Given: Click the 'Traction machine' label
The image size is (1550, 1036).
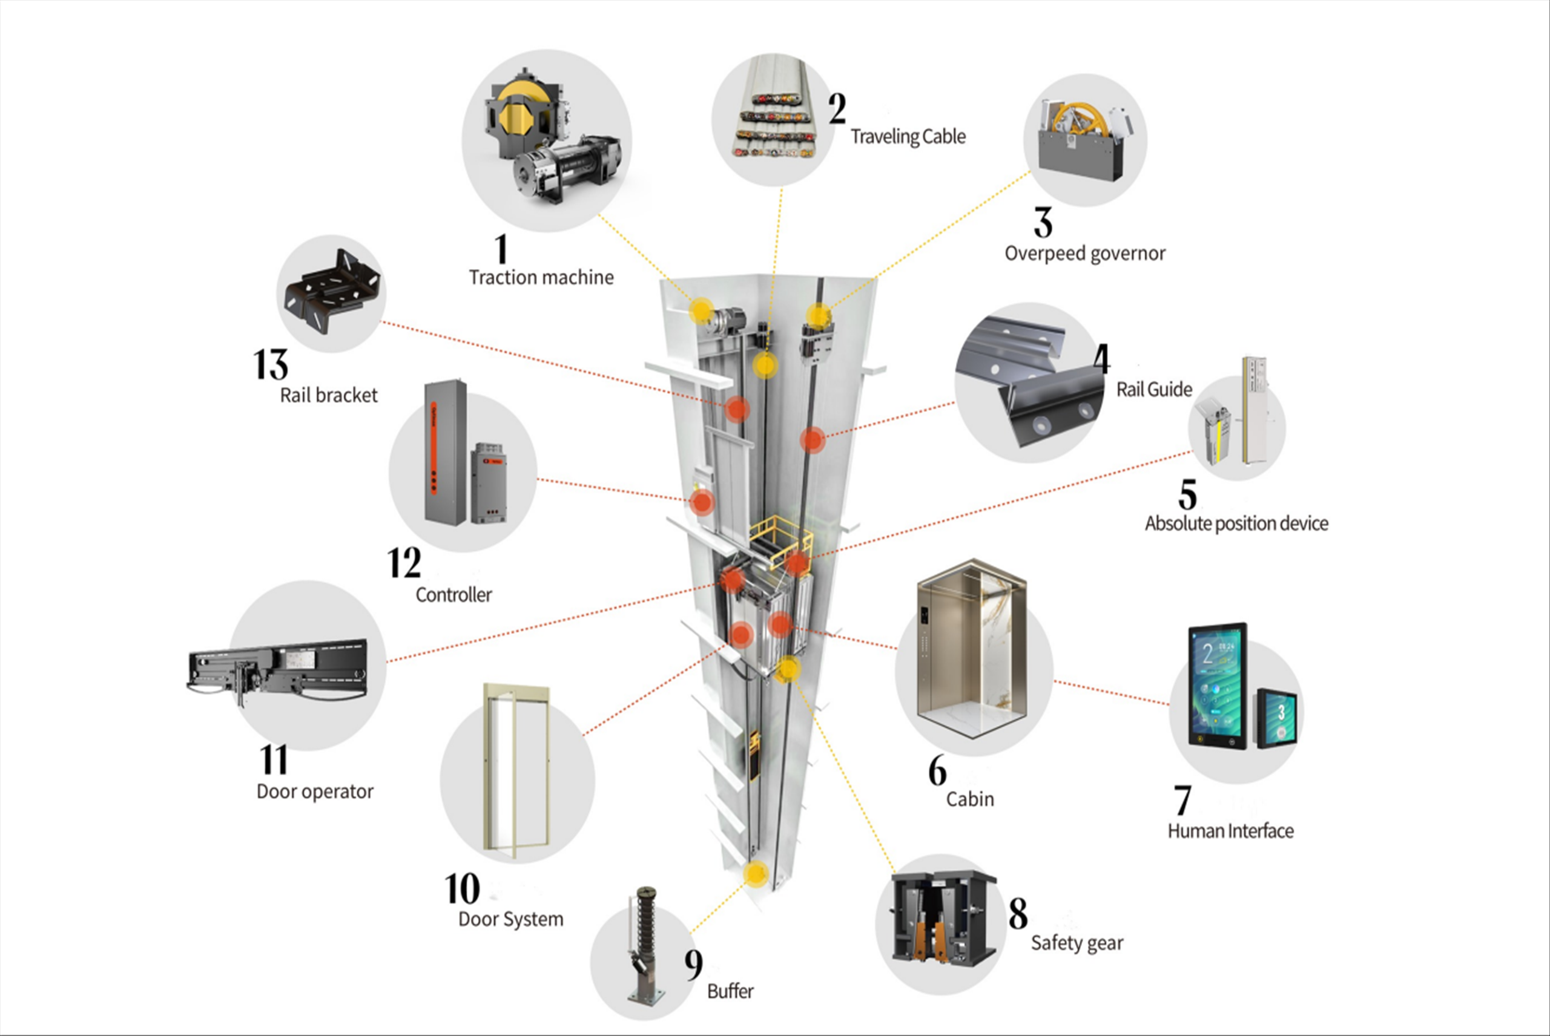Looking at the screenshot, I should coord(541,278).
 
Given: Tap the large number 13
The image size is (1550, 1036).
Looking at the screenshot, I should coord(270,366).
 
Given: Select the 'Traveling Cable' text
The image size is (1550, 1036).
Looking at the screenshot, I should coord(908,137).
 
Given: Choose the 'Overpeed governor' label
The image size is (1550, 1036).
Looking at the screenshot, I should coord(1084,254).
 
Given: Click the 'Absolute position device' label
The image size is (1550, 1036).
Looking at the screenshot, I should coord(1236,524).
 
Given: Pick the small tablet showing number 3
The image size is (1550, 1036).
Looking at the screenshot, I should coord(1277,718).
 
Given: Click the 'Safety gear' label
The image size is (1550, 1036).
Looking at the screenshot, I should coord(1077,943).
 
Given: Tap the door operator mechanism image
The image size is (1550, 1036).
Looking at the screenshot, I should coord(278,670).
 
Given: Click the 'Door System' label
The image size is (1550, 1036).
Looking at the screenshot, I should coord(510,920).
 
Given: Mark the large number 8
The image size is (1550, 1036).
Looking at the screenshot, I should coord(1018,914).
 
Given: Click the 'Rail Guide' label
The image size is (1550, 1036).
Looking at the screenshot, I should coord(1154,390).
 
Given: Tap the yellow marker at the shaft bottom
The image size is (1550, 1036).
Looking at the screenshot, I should coord(755,873).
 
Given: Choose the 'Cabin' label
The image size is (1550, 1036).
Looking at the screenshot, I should coord(970,799).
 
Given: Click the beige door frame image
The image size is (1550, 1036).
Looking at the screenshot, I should coord(517,770).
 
